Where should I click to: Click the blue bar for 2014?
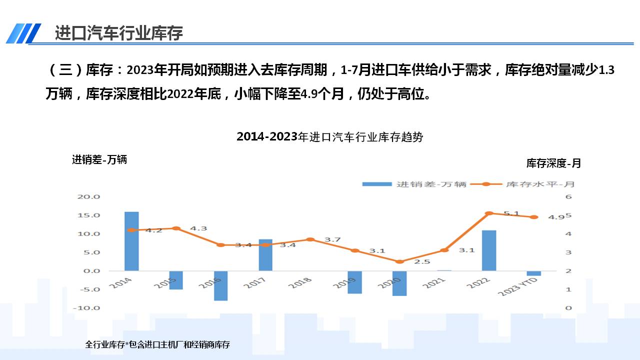[131, 241]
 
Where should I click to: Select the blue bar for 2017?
[265, 255]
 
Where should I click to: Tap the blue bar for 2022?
[489, 250]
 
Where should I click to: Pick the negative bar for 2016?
[221, 285]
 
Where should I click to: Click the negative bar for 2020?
[399, 283]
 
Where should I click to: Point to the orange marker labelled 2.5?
[399, 261]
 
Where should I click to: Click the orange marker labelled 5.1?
[489, 213]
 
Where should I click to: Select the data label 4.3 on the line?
[198, 228]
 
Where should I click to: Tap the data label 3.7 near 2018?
[332, 240]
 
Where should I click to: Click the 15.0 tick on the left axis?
[88, 215]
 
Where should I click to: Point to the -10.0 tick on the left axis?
[87, 308]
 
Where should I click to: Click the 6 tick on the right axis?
[568, 197]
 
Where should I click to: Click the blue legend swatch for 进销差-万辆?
[377, 184]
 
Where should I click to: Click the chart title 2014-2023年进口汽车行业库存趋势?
[329, 137]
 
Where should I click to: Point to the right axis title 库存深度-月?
[553, 163]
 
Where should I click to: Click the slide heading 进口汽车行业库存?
[119, 33]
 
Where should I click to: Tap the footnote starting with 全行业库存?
[157, 344]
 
